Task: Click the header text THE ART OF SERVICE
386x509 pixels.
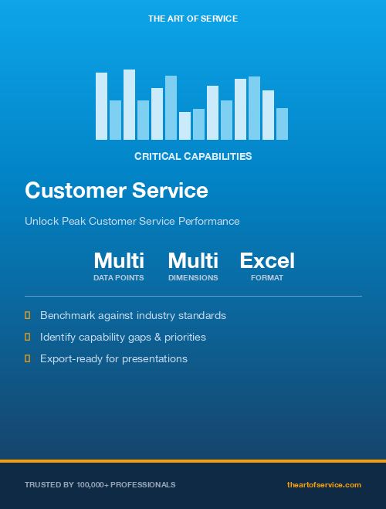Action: coord(193,18)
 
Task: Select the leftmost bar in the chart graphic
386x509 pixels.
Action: coord(101,106)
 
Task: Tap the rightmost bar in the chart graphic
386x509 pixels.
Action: coord(282,124)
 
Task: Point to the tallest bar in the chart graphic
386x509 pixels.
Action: coord(129,104)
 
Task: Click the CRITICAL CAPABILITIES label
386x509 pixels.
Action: coord(193,156)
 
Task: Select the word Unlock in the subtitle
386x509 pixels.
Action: coord(40,222)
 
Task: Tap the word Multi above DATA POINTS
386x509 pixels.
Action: coord(119,260)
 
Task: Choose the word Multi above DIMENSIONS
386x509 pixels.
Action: coord(193,260)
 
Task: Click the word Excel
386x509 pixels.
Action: coord(267,260)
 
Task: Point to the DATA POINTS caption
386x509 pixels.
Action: coord(119,278)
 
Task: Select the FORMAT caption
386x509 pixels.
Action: coord(267,278)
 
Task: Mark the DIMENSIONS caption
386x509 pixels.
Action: coord(193,278)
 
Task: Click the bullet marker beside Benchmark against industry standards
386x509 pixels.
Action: coord(28,315)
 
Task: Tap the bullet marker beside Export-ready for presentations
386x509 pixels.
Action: coord(28,358)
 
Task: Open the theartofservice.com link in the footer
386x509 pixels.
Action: coord(323,484)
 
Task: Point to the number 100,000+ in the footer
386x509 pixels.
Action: coord(93,484)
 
